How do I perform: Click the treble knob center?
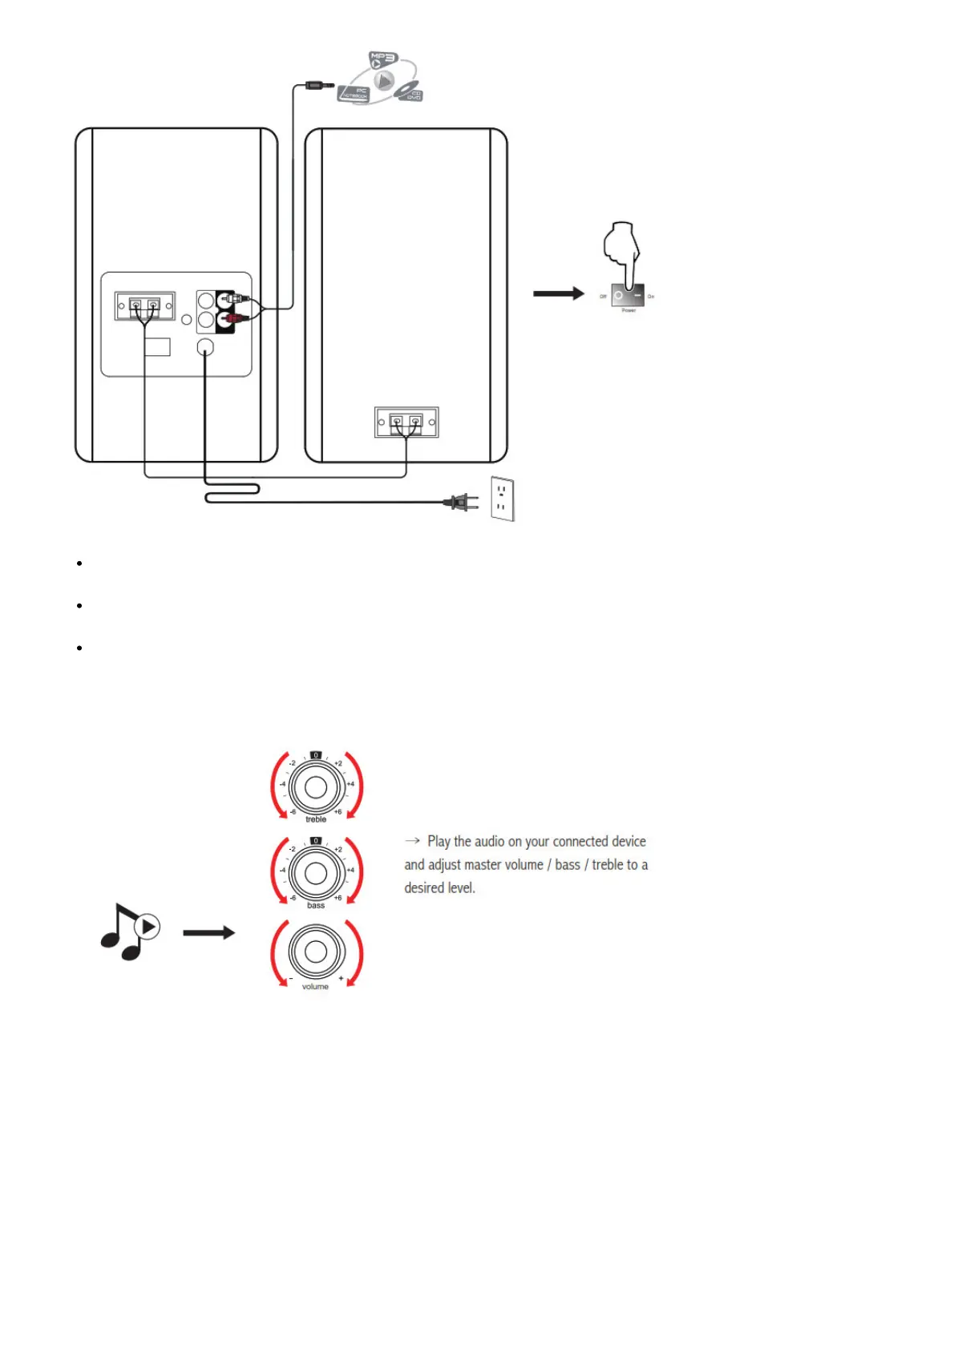(316, 786)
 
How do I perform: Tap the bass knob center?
(316, 872)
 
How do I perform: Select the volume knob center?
(316, 952)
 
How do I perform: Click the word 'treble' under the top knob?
(316, 819)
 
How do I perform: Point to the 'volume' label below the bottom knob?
(315, 987)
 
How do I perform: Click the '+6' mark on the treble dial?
(338, 812)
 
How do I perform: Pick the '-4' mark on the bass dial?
(282, 870)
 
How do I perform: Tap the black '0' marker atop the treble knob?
(316, 755)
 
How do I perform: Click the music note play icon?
(131, 931)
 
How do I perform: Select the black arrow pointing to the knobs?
(208, 932)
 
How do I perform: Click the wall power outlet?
(502, 499)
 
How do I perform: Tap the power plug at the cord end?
(461, 503)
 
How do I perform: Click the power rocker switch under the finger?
(628, 296)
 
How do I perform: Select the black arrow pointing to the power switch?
(559, 293)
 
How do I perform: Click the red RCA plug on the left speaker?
(233, 319)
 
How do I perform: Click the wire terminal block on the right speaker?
(406, 422)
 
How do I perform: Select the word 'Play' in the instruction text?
(439, 842)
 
